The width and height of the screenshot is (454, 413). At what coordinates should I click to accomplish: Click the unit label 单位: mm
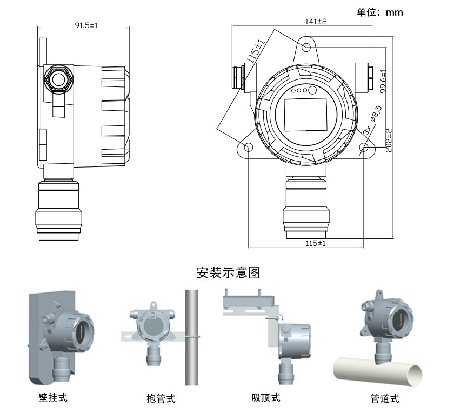tap(380, 11)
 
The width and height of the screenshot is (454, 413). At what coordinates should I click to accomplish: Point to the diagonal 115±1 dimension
tap(255, 52)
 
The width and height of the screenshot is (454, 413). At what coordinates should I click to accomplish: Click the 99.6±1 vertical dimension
tap(383, 80)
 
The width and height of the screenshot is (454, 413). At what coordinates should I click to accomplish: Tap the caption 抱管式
tap(161, 399)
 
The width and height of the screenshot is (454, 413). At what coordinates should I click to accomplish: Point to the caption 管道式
tap(384, 399)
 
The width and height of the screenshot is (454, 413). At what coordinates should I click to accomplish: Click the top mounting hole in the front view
tap(306, 46)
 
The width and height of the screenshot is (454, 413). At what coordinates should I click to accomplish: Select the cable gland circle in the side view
tap(58, 79)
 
